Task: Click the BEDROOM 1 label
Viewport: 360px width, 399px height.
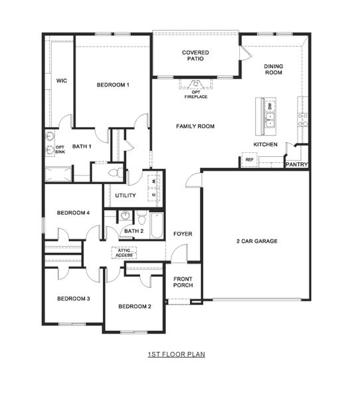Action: tap(112, 84)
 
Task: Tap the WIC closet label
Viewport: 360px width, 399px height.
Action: tap(61, 80)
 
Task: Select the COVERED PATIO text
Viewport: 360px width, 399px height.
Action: tap(195, 55)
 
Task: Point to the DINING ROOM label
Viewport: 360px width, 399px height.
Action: tap(273, 68)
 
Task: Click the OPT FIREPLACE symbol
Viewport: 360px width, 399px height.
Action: tap(196, 84)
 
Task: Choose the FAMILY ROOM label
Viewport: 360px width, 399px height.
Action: tap(195, 126)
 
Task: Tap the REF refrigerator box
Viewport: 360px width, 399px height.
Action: tap(249, 160)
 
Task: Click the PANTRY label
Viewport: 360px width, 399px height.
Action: tap(296, 164)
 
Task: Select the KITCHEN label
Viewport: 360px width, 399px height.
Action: tap(265, 144)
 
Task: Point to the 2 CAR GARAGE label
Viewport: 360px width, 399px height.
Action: tap(256, 241)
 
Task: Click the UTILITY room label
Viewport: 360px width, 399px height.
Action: tap(125, 196)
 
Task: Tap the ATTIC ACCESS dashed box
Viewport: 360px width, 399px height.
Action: tap(124, 253)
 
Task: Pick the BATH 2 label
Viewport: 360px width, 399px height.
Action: tap(134, 231)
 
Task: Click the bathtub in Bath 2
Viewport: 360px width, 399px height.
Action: tap(157, 226)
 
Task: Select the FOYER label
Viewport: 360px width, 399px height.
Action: tap(183, 234)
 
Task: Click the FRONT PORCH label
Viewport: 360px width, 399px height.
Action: tap(183, 282)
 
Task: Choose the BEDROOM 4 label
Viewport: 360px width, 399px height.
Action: tap(73, 213)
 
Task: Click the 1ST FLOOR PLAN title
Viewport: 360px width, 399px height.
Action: tap(176, 354)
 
